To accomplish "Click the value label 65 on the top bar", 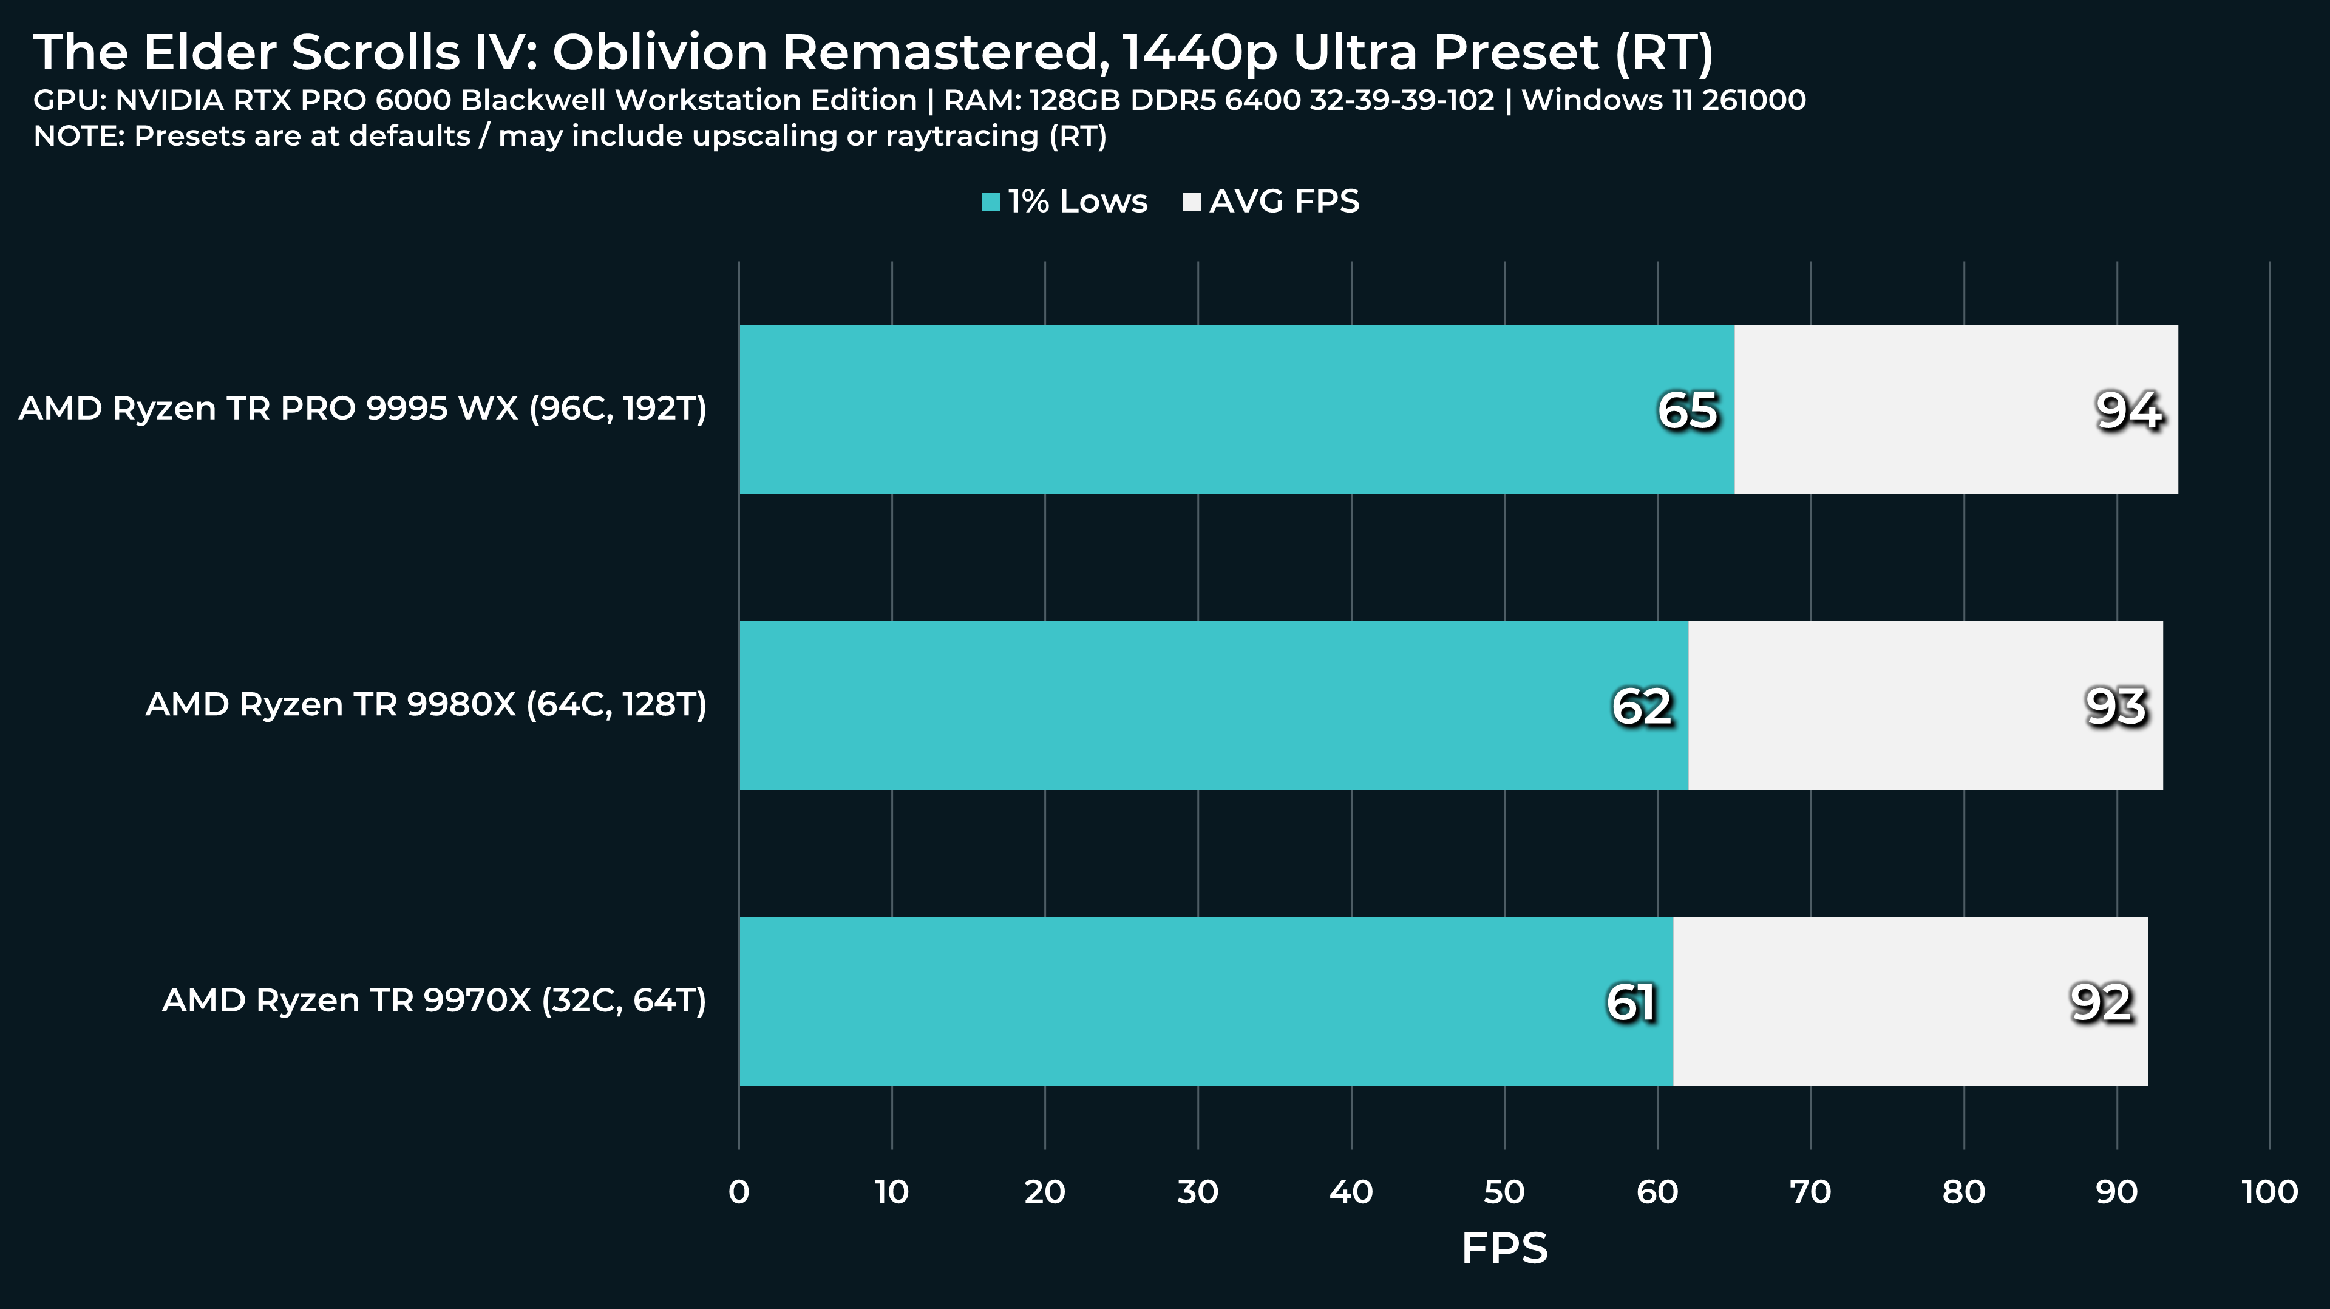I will point(1687,410).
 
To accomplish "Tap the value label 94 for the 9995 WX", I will point(2128,410).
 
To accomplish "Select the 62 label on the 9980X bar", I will point(1642,707).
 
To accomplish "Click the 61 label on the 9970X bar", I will point(1631,1002).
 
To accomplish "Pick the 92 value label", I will point(2101,1002).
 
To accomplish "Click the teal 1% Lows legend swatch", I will point(991,202).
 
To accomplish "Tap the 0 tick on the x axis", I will point(739,1192).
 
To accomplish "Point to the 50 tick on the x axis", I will point(1504,1192).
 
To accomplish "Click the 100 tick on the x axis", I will point(2269,1192).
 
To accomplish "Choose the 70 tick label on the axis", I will point(1811,1192).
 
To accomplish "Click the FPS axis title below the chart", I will point(1504,1248).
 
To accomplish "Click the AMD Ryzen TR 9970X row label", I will point(434,1001).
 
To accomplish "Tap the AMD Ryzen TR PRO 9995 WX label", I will point(362,409).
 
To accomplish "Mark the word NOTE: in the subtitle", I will point(79,137).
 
